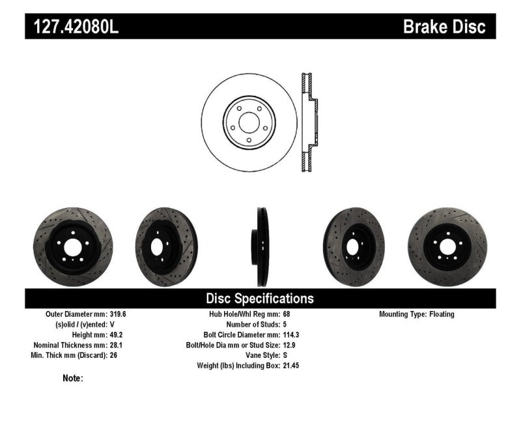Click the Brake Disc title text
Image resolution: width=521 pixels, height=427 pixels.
[x=444, y=27]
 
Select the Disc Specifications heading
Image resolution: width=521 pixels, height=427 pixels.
[x=260, y=299]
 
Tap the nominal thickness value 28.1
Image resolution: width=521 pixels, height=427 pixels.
[x=113, y=346]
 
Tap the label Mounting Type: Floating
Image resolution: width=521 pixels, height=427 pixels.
[x=416, y=314]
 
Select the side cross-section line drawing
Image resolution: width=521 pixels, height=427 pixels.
[x=309, y=121]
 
